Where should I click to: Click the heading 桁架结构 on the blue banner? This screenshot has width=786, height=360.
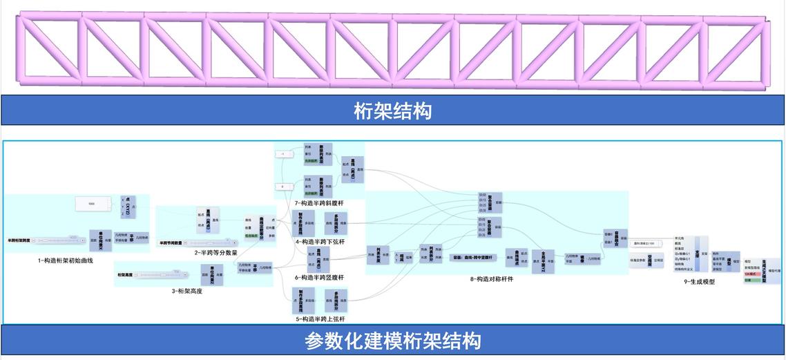click(x=392, y=111)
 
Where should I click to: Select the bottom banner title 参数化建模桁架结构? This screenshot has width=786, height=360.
click(x=392, y=341)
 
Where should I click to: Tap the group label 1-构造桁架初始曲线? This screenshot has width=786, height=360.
click(x=66, y=260)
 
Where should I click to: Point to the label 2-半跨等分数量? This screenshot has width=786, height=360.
click(x=216, y=253)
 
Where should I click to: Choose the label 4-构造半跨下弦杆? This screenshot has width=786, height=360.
click(x=319, y=241)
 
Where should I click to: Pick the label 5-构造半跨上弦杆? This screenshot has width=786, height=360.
click(x=319, y=319)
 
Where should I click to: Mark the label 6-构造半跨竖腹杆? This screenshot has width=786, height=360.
click(x=319, y=277)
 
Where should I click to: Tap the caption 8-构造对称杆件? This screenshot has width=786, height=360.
click(x=491, y=279)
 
